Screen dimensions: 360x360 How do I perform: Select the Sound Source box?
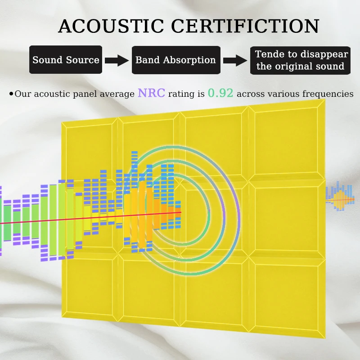[x=66, y=60]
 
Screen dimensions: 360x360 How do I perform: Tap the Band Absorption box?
[x=175, y=60]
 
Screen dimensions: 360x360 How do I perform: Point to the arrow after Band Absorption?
[x=235, y=61]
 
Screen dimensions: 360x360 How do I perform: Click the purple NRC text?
[x=151, y=93]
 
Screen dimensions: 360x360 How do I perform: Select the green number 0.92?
[x=220, y=93]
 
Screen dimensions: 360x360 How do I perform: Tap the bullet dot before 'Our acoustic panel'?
[x=11, y=94]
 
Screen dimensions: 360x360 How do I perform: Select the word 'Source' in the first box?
[x=83, y=60]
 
